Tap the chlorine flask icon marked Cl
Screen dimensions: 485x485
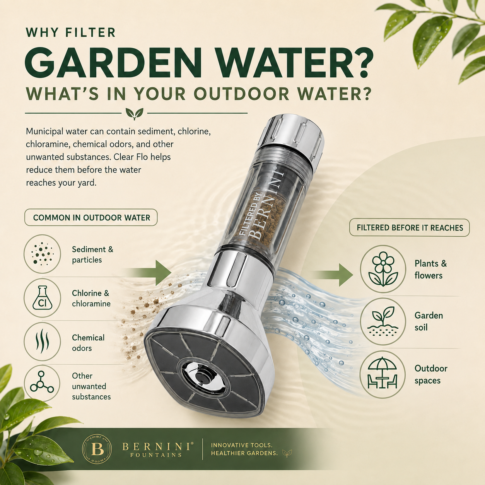[x=42, y=297]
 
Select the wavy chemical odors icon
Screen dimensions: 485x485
[x=42, y=341]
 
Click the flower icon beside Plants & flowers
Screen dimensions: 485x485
[x=383, y=269]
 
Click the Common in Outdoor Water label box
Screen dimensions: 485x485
[x=91, y=217]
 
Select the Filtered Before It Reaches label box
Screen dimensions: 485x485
[x=410, y=227]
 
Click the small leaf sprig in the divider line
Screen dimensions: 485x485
[x=135, y=113]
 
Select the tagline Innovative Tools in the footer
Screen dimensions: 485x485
[x=242, y=445]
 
